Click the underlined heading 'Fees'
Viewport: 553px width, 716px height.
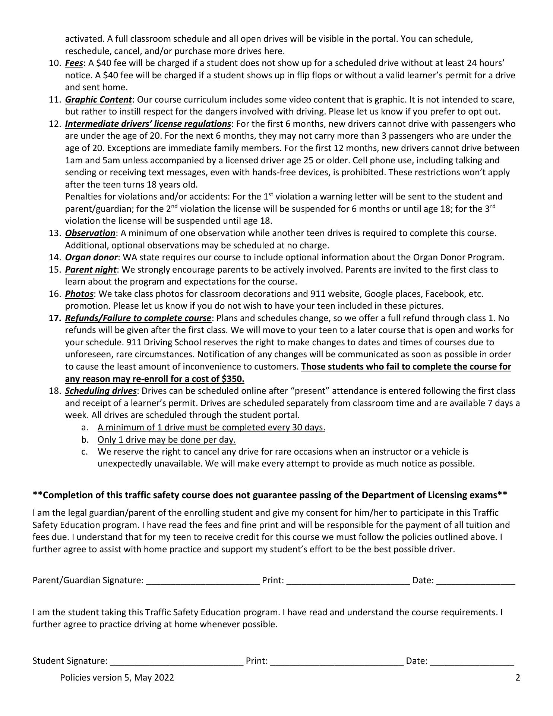[74, 63]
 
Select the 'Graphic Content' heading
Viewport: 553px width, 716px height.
[98, 100]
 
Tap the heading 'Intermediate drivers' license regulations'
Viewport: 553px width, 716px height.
[148, 124]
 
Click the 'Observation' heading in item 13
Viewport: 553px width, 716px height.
[90, 233]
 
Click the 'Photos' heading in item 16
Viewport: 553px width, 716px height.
[79, 294]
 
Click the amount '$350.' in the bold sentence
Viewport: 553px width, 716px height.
[233, 379]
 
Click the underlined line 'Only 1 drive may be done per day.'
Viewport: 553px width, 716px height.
[167, 440]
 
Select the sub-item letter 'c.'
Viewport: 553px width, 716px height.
[85, 452]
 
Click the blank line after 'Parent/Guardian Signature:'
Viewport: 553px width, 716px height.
[203, 580]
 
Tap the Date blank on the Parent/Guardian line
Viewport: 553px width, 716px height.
[475, 580]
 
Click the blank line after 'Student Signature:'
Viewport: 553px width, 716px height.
[177, 661]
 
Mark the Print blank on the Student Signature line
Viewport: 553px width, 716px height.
[337, 661]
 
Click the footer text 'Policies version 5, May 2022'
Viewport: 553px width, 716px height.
[117, 678]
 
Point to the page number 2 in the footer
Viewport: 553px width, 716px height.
[518, 678]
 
